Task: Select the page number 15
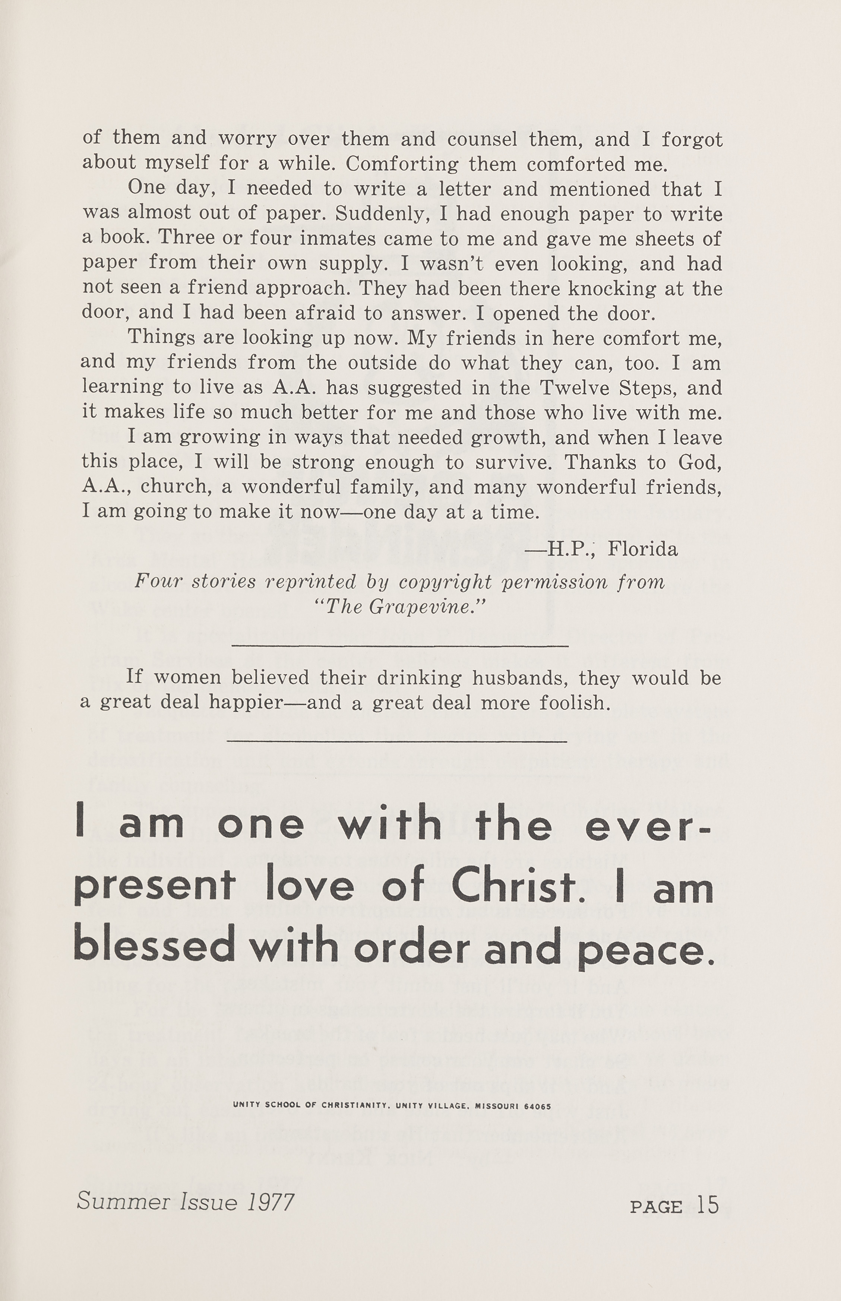coord(708,1206)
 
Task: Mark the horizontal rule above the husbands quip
coord(400,646)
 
